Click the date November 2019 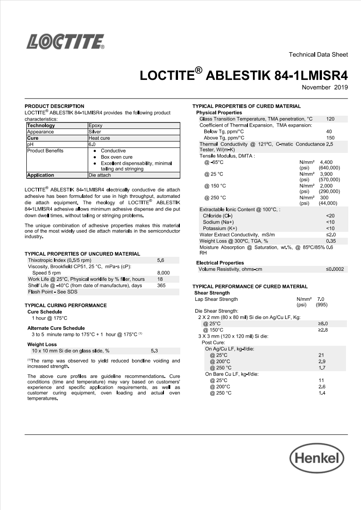[x=325, y=87]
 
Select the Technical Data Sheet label [x=318, y=54]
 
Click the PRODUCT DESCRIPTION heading [x=54, y=106]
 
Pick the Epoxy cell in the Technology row [x=95, y=126]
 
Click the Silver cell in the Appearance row [x=95, y=132]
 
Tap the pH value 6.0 [x=92, y=144]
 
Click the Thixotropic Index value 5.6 [x=160, y=260]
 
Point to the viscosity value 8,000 [x=163, y=273]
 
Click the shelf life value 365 [x=161, y=285]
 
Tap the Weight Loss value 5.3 [x=154, y=351]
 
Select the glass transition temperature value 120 [x=330, y=119]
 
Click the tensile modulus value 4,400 [x=326, y=162]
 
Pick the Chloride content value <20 [x=330, y=216]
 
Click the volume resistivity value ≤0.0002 [x=335, y=269]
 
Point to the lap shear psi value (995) [x=321, y=305]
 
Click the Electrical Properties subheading [x=220, y=263]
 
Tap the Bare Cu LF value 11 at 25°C [x=321, y=380]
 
